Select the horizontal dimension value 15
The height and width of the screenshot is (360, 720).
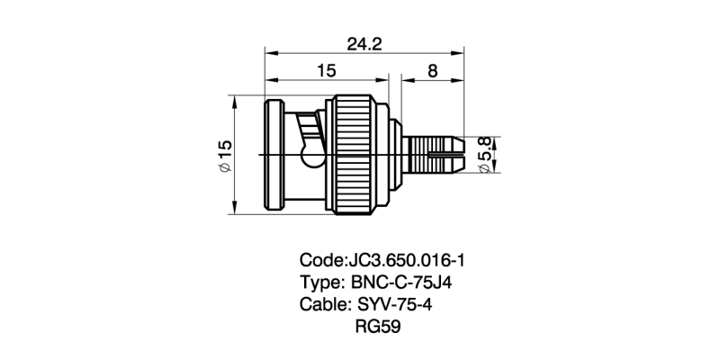click(x=327, y=71)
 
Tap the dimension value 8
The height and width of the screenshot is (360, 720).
click(x=433, y=71)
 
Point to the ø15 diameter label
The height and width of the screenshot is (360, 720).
click(x=225, y=155)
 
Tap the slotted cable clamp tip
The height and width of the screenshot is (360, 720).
click(x=449, y=155)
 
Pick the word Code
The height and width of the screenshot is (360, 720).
click(x=320, y=261)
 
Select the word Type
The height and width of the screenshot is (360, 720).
click(x=319, y=283)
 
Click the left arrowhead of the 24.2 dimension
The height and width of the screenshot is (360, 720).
click(x=267, y=52)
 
